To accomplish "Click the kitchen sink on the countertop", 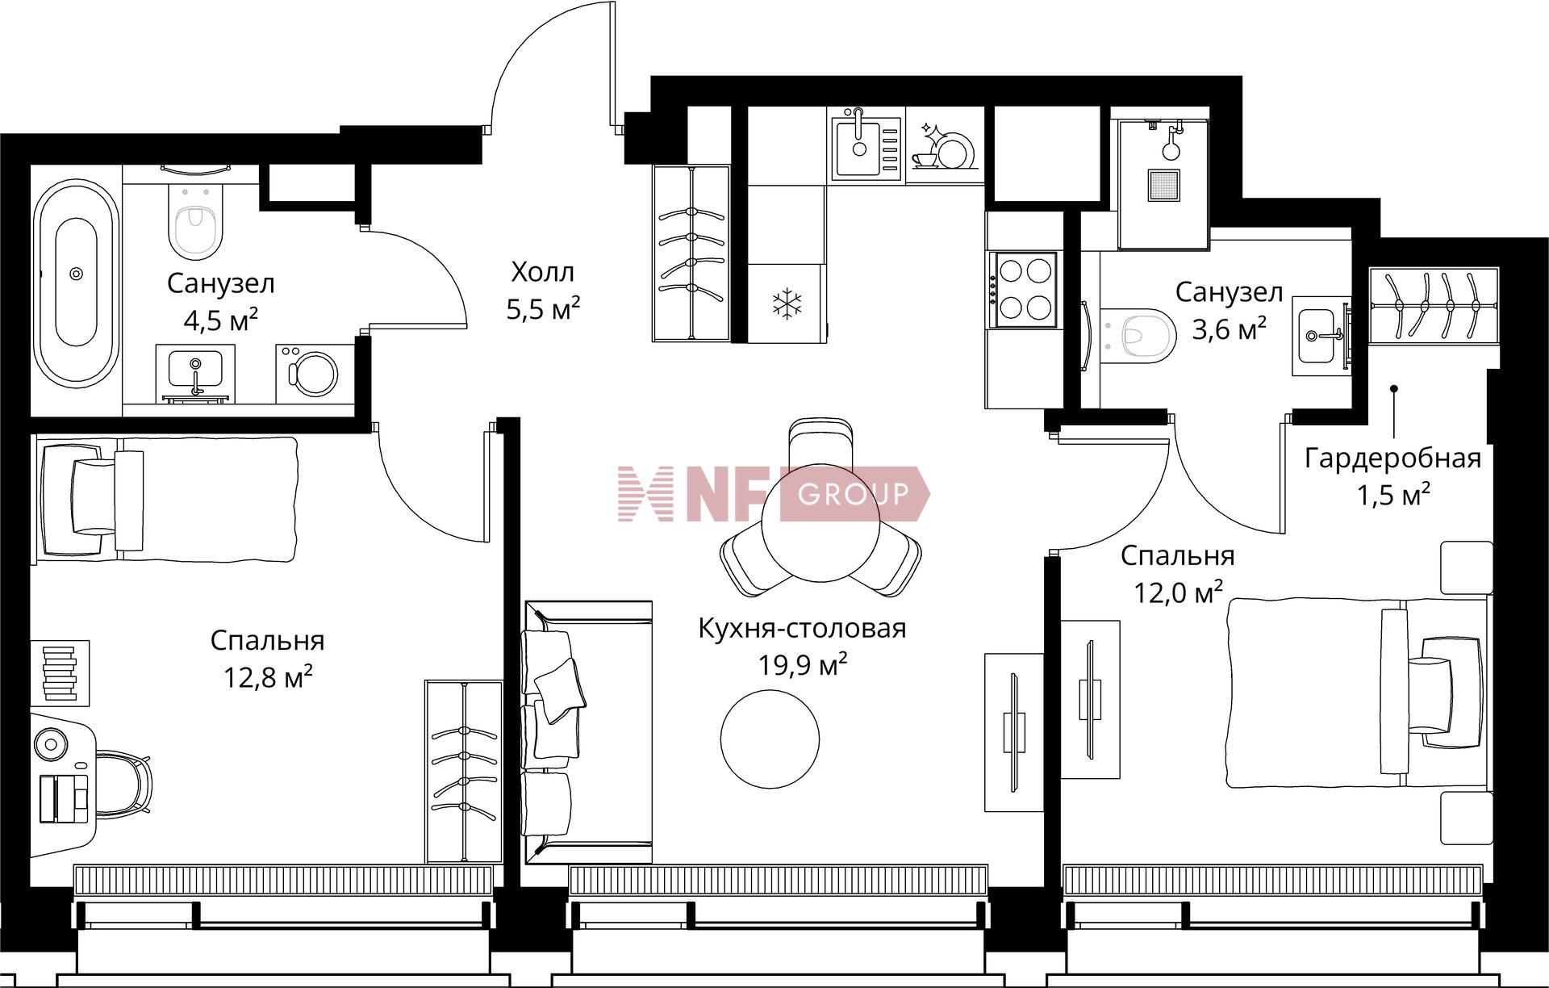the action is coord(866,146).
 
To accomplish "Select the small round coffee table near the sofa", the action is coord(770,738).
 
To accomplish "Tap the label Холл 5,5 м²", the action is coord(543,290).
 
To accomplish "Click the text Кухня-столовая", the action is coord(802,628).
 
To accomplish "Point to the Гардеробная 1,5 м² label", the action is coord(1393,475).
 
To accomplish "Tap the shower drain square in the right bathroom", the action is coord(1164,185).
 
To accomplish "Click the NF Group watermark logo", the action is coord(774,493).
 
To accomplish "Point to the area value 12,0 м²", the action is coord(1178,592).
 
